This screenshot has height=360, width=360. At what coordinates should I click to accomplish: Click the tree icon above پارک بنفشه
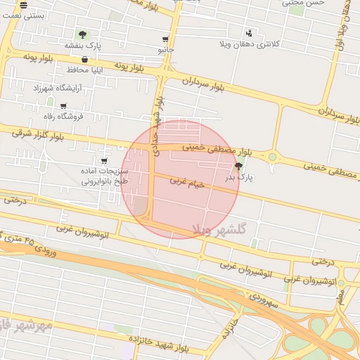[83, 34]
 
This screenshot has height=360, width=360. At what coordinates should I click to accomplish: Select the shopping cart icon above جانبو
[165, 40]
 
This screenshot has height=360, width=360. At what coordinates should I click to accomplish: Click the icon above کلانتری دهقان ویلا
[249, 32]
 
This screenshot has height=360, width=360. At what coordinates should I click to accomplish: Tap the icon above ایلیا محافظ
[84, 59]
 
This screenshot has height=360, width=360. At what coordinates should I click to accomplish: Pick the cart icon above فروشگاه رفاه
[63, 106]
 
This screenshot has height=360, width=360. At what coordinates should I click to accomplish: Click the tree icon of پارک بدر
[238, 167]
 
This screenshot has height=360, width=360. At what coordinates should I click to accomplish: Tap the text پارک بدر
[238, 178]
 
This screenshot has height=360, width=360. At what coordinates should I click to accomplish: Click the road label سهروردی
[264, 301]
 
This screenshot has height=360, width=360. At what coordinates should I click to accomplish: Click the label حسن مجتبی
[304, 3]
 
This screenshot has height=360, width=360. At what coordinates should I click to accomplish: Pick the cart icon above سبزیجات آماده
[105, 160]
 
